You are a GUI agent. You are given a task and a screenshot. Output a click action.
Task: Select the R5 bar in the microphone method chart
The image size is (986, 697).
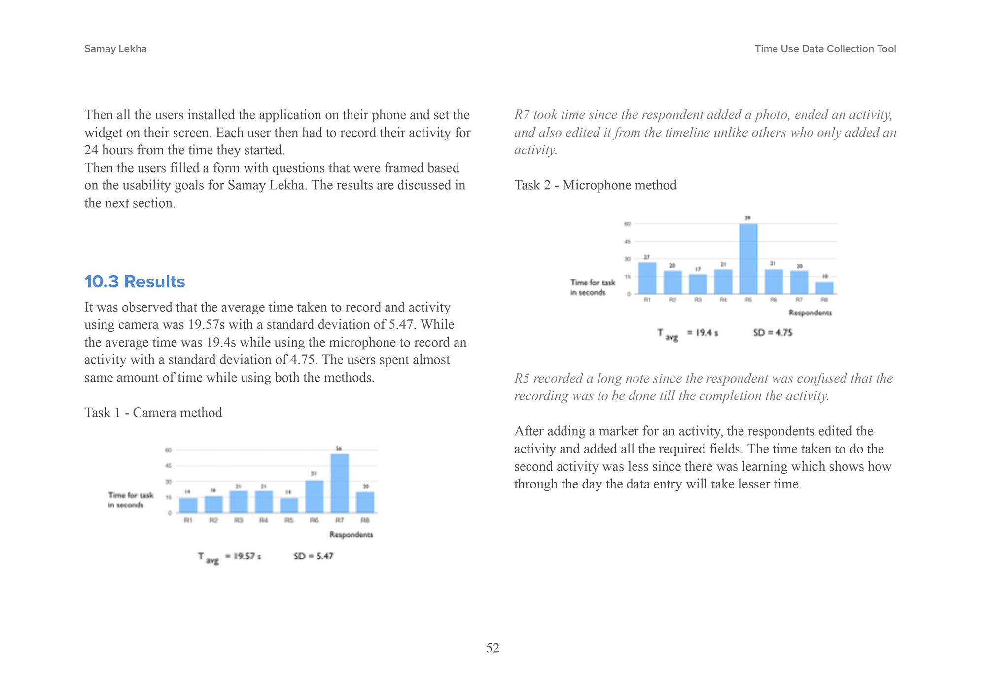pyautogui.click(x=748, y=259)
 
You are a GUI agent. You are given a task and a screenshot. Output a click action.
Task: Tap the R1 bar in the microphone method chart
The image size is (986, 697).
pyautogui.click(x=647, y=278)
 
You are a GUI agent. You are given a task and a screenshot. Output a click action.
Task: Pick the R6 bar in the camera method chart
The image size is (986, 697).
pyautogui.click(x=314, y=496)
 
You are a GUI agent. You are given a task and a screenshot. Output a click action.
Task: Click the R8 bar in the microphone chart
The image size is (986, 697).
pyautogui.click(x=824, y=288)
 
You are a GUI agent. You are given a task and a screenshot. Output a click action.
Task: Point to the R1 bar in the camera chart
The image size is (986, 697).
pyautogui.click(x=188, y=505)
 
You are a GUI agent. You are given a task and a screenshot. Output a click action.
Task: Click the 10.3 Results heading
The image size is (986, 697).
pyautogui.click(x=135, y=281)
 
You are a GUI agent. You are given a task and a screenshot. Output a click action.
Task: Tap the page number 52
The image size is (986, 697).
pyautogui.click(x=493, y=648)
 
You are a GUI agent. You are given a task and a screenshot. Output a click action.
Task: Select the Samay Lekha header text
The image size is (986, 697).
pyautogui.click(x=115, y=49)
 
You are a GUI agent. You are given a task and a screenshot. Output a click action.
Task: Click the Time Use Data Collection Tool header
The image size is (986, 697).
pyautogui.click(x=825, y=49)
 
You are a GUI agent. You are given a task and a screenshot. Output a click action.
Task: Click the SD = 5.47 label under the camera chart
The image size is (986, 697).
pyautogui.click(x=313, y=556)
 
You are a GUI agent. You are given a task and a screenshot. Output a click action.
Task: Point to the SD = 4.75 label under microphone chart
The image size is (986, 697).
pyautogui.click(x=773, y=333)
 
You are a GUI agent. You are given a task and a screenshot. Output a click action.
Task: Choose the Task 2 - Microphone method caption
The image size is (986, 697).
pyautogui.click(x=595, y=185)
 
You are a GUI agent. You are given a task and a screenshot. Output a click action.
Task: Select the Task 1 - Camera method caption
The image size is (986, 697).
pyautogui.click(x=153, y=412)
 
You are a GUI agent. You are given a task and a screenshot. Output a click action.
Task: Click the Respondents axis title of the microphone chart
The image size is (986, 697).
pyautogui.click(x=810, y=313)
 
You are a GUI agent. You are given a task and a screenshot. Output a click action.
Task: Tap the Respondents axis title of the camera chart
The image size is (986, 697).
pyautogui.click(x=351, y=534)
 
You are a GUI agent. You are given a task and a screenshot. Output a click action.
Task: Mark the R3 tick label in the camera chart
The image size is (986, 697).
pyautogui.click(x=239, y=520)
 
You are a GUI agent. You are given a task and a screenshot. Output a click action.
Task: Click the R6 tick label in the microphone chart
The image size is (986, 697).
pyautogui.click(x=774, y=300)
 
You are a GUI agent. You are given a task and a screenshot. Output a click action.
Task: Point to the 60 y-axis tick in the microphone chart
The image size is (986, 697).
pyautogui.click(x=628, y=224)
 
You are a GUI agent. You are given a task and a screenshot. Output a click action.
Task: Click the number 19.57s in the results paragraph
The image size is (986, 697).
pyautogui.click(x=207, y=325)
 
